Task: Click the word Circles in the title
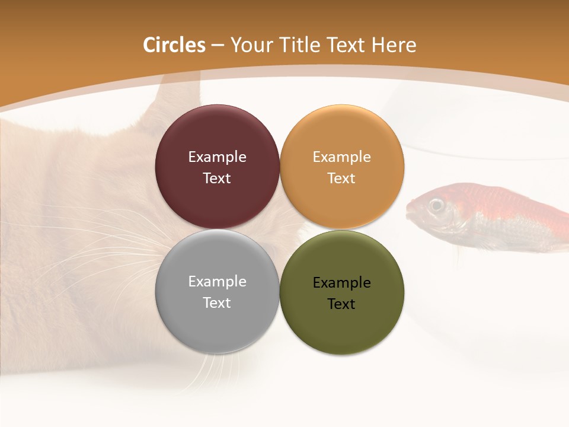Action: [x=174, y=45]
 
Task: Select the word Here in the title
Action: [x=394, y=45]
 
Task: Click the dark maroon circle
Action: [x=217, y=136]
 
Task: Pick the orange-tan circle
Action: [x=342, y=136]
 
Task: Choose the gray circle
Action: [x=217, y=320]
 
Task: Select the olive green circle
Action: [x=342, y=323]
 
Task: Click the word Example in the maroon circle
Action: [x=217, y=157]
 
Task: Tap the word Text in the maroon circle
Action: [x=217, y=178]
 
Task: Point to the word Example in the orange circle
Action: [x=342, y=157]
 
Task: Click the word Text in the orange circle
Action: [x=342, y=178]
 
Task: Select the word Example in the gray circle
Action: [x=217, y=281]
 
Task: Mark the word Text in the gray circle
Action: [x=217, y=302]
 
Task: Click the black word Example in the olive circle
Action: [x=342, y=282]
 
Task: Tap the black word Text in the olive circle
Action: [x=342, y=304]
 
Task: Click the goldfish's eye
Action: [x=437, y=205]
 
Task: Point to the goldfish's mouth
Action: [x=410, y=209]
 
